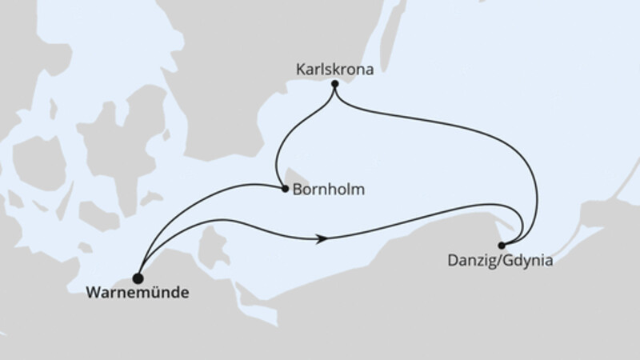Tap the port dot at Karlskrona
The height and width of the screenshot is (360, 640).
click(x=334, y=85)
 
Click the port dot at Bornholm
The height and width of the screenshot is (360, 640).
click(x=285, y=190)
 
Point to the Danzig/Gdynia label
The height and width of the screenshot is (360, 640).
click(x=501, y=260)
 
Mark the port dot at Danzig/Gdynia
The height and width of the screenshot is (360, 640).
click(x=502, y=245)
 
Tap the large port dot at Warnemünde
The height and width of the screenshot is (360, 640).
click(x=138, y=278)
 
